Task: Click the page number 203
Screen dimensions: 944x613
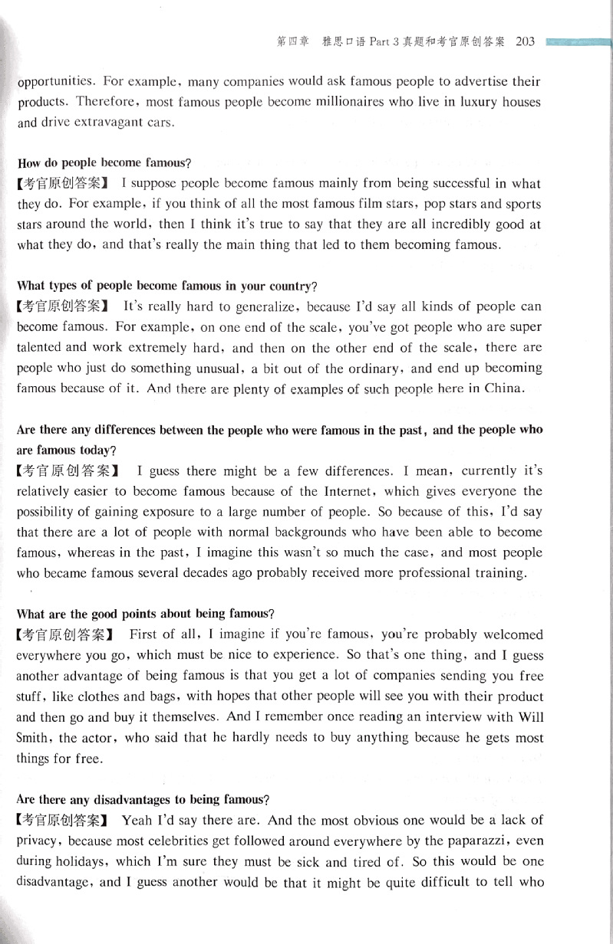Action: pyautogui.click(x=526, y=42)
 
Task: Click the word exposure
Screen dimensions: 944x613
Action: pyautogui.click(x=236, y=512)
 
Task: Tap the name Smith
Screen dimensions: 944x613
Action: pyautogui.click(x=34, y=739)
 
